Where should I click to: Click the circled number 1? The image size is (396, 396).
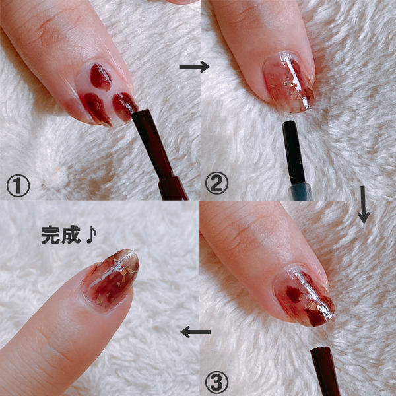pyautogui.click(x=18, y=186)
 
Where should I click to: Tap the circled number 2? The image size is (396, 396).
pyautogui.click(x=216, y=183)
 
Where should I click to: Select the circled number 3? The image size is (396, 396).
pyautogui.click(x=216, y=382)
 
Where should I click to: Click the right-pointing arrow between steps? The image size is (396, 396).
pyautogui.click(x=194, y=67)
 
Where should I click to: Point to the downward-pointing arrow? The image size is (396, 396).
pyautogui.click(x=364, y=205)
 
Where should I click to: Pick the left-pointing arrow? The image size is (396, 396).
pyautogui.click(x=195, y=332)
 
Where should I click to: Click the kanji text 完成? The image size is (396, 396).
pyautogui.click(x=61, y=235)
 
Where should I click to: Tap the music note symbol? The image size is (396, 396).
pyautogui.click(x=92, y=235)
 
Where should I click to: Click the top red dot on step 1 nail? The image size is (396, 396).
pyautogui.click(x=101, y=77)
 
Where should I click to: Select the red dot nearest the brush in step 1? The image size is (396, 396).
pyautogui.click(x=124, y=106)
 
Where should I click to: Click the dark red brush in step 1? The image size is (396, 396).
pyautogui.click(x=159, y=154)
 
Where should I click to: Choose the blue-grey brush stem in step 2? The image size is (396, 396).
pyautogui.click(x=300, y=191)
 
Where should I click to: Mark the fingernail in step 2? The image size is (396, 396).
pyautogui.click(x=288, y=82)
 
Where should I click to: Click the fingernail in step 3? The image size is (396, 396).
pyautogui.click(x=304, y=296)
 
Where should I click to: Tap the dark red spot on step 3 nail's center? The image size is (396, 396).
pyautogui.click(x=294, y=294)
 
